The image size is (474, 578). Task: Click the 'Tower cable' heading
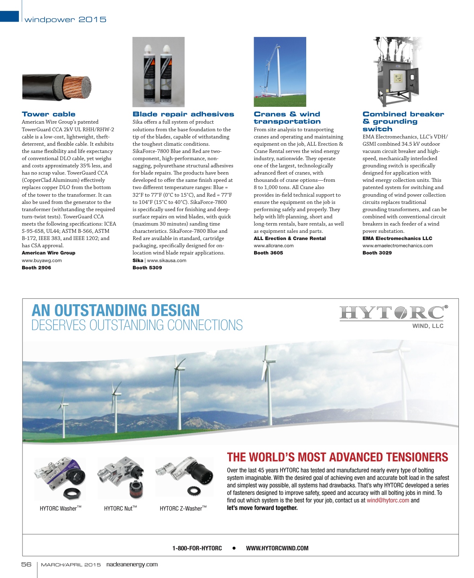click(x=49, y=114)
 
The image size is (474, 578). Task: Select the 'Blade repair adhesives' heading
click(x=183, y=114)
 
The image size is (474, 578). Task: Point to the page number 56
click(x=26, y=564)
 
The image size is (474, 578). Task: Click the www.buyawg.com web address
click(x=42, y=261)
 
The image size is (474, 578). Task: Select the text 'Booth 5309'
click(x=147, y=268)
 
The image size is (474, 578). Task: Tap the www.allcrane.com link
click(x=273, y=246)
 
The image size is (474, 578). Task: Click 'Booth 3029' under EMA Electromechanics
click(x=377, y=253)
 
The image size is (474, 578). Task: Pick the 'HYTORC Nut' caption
click(x=120, y=509)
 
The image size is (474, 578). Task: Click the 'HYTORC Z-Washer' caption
click(x=183, y=509)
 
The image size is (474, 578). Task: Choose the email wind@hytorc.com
click(x=388, y=501)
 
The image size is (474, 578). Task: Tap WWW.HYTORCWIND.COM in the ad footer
click(x=277, y=548)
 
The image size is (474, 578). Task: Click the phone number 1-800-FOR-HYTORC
click(x=197, y=548)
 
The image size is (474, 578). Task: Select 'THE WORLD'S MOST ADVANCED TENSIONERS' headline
click(x=338, y=457)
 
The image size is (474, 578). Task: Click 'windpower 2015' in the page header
click(x=65, y=20)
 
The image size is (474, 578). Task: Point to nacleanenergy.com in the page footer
click(x=132, y=564)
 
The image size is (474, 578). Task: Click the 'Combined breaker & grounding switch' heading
click(x=403, y=122)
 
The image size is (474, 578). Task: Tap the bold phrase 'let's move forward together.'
click(x=262, y=508)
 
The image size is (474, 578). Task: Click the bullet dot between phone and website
click(x=234, y=548)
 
